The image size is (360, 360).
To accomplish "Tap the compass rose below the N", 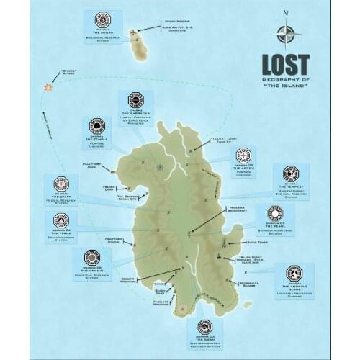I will tap(285, 34).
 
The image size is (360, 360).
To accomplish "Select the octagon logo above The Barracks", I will tap(135, 99).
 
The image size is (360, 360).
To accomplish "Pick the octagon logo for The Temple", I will tap(97, 127).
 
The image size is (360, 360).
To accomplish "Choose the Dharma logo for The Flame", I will tap(60, 220).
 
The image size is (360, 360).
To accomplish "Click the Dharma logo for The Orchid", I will tap(91, 257).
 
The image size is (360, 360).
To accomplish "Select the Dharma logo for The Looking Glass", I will tap(294, 274).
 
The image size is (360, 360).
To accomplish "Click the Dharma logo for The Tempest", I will tap(290, 174).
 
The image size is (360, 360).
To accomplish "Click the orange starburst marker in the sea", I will tap(48, 86).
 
